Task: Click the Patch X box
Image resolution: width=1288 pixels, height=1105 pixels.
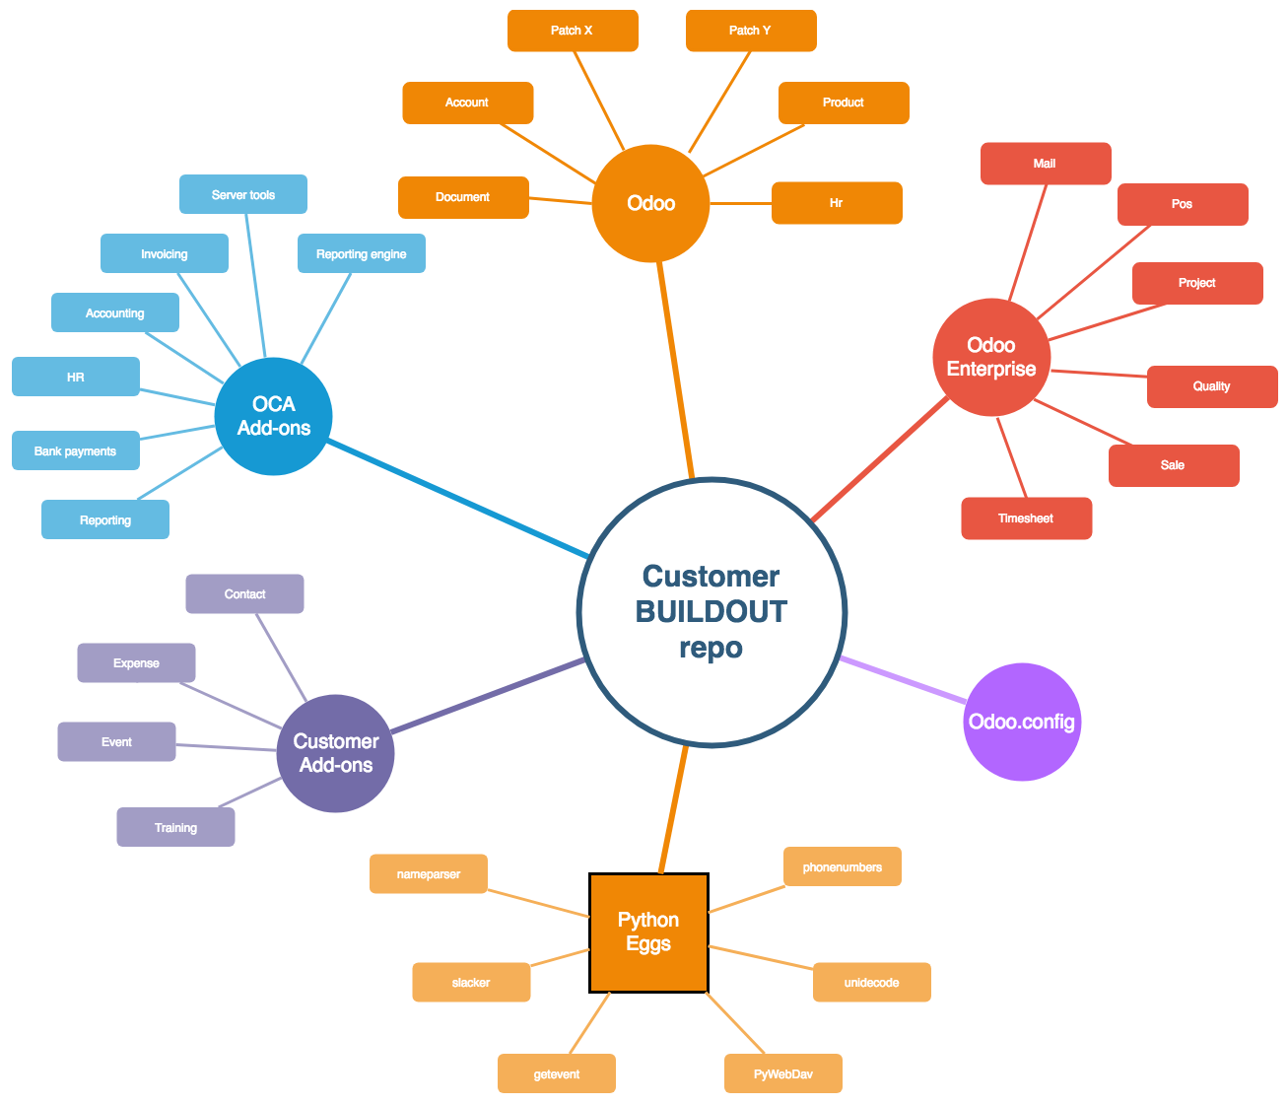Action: pos(573,31)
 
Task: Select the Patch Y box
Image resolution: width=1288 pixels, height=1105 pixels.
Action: pos(751,31)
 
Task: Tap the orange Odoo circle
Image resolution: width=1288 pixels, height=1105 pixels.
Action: pos(650,203)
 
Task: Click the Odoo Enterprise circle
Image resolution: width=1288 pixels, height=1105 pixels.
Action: pos(991,357)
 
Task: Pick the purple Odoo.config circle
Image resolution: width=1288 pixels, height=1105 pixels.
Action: pos(1022,722)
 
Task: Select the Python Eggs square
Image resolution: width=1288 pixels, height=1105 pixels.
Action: pos(648,932)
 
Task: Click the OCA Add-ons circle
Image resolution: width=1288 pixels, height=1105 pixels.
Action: pos(274,416)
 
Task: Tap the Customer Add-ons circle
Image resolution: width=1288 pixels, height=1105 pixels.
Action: pos(336,753)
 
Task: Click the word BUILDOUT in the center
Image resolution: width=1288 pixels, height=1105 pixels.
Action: pos(711,611)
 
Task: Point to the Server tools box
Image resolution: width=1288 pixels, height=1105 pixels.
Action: pos(243,194)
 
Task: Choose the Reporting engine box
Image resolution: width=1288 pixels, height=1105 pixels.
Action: pos(362,253)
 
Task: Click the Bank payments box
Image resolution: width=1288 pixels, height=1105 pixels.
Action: pos(76,450)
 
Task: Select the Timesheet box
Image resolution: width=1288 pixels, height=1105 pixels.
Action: pos(1026,518)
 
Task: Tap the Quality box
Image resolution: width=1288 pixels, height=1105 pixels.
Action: pos(1212,386)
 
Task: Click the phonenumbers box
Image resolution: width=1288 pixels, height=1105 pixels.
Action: pos(843,866)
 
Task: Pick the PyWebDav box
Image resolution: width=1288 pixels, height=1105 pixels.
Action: pos(783,1073)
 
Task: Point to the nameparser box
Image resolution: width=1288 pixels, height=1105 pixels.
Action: pos(429,873)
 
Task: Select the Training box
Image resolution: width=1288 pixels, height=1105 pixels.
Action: pos(176,827)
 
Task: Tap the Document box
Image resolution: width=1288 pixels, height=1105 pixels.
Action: pos(463,197)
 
